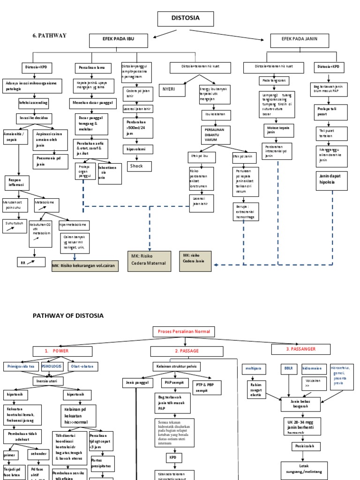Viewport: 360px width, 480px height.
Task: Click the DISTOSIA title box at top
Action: click(x=186, y=18)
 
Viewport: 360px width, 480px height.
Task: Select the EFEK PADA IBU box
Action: click(x=118, y=41)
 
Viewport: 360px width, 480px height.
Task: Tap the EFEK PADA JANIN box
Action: click(x=300, y=41)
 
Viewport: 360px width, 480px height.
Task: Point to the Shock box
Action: click(x=139, y=166)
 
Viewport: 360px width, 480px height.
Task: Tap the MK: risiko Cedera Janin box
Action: click(x=195, y=261)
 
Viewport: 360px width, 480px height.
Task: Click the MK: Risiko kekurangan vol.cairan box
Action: click(x=85, y=266)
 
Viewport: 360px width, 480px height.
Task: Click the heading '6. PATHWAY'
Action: click(x=49, y=36)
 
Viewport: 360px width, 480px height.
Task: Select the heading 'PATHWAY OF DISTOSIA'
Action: click(x=68, y=315)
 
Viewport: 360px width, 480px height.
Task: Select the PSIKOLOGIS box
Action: click(x=52, y=366)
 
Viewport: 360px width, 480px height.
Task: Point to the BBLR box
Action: click(x=287, y=368)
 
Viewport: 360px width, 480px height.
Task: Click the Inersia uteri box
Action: click(x=47, y=381)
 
